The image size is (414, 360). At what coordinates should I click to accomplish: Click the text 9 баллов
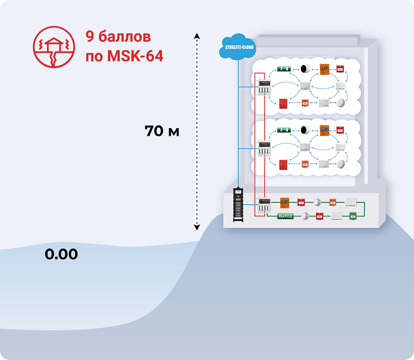coord(118,37)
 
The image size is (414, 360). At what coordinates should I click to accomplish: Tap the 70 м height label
coord(162,131)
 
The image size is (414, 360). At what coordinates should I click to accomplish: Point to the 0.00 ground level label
coord(61,254)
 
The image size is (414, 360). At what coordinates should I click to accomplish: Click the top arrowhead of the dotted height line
coord(196,35)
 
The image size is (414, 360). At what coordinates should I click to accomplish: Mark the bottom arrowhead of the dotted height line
coord(196,227)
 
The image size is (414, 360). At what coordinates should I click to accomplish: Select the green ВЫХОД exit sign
coord(285,216)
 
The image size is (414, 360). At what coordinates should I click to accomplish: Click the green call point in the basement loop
coord(353,215)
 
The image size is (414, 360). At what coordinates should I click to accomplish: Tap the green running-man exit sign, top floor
coord(284,69)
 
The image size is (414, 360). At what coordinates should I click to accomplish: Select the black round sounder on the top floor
coord(305,69)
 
